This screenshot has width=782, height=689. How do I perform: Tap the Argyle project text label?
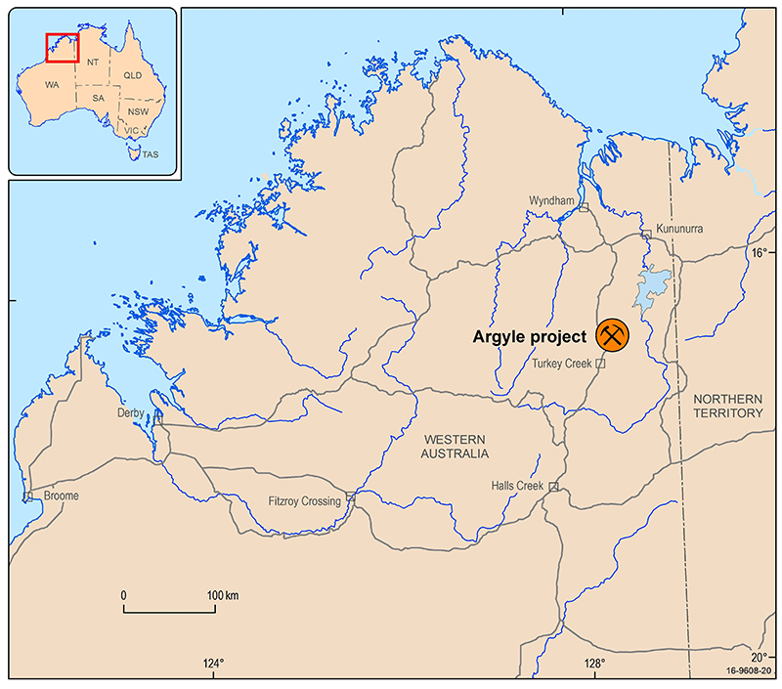530,337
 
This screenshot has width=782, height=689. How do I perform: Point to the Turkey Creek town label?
562,364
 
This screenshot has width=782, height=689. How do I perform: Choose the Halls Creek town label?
519,486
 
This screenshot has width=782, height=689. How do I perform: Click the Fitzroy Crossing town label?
305,501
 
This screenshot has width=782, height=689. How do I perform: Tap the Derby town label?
130,413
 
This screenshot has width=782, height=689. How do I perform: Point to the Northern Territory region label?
726,407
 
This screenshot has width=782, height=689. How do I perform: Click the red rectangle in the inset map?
62,47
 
